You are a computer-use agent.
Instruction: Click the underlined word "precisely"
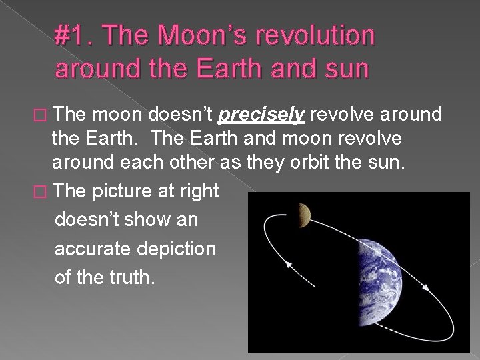[262, 115]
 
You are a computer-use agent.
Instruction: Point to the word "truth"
[129, 277]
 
